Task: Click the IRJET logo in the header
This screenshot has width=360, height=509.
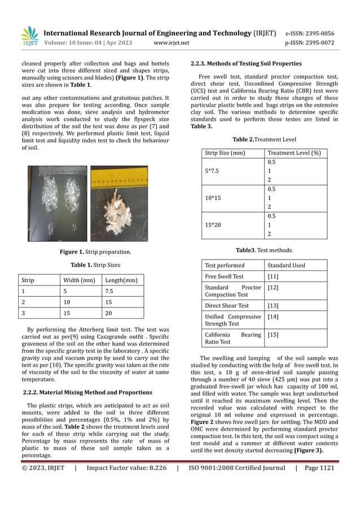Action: [x=30, y=36]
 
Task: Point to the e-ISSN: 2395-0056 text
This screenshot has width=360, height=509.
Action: [x=309, y=33]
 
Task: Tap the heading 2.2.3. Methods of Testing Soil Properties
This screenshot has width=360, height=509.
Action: [x=246, y=63]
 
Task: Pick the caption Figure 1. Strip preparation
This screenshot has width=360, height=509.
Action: [x=95, y=252]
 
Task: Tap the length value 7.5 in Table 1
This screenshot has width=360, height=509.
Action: [x=110, y=291]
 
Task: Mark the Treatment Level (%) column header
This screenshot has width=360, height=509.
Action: [x=294, y=153]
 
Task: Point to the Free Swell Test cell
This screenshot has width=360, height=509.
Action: [x=225, y=277]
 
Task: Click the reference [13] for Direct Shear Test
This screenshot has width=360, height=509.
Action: [x=273, y=306]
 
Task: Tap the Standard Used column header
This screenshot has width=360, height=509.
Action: [x=286, y=265]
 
